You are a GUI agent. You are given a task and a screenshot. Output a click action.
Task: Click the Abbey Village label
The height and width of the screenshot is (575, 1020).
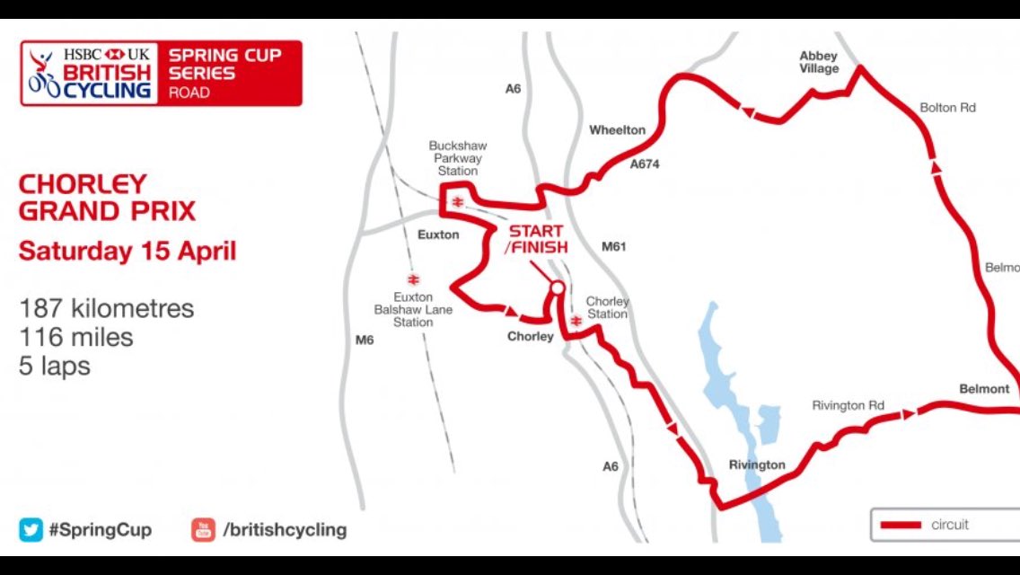point(818,62)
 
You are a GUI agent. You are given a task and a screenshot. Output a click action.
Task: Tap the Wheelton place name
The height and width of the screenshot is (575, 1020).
point(617,130)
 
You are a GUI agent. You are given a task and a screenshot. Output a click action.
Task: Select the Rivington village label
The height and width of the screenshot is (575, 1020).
point(757,464)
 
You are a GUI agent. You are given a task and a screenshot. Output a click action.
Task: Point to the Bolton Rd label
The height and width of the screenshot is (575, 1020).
point(947,108)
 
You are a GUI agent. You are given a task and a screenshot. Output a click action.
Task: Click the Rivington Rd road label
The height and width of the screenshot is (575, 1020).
point(848,406)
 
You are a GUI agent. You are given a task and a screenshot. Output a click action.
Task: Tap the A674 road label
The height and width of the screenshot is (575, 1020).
point(650,164)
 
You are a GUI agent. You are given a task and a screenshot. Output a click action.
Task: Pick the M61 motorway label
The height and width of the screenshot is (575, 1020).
point(613,246)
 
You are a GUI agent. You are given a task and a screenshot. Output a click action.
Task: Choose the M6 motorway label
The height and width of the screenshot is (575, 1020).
point(364,340)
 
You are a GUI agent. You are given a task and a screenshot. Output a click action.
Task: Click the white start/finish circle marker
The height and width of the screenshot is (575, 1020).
point(557,288)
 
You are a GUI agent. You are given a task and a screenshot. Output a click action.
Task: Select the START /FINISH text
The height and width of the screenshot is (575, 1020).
point(536,238)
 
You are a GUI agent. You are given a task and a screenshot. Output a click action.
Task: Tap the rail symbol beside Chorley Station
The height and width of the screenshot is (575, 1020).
point(576,321)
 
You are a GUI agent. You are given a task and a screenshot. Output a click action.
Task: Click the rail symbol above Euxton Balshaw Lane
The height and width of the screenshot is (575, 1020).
point(413,279)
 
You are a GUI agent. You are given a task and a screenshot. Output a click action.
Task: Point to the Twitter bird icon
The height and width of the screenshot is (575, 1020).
point(31,529)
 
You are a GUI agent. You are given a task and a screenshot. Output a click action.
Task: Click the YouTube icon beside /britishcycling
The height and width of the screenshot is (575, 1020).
point(203,529)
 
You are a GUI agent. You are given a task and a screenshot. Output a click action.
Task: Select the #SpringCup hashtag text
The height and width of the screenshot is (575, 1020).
point(100,530)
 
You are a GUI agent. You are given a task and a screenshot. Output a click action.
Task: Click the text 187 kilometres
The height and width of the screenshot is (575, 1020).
point(106,309)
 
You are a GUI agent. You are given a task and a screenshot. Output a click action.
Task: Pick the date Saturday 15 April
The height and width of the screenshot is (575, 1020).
point(127,250)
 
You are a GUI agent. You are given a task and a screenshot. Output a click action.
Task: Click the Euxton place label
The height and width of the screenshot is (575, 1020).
point(438,234)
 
